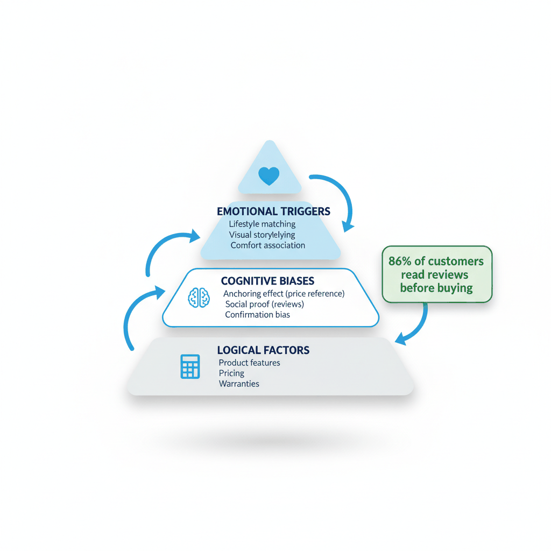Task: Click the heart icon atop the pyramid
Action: coord(269,176)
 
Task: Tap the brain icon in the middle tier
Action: coord(199,298)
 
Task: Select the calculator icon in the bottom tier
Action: coord(190,366)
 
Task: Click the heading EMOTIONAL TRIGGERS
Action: coord(273,211)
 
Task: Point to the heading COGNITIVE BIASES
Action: coord(267,281)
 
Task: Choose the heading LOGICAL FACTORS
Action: coord(263,350)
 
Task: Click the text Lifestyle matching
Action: coord(262,224)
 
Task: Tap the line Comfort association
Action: coord(268,245)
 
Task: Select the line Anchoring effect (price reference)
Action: coord(284,293)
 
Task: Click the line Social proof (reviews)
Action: coord(265,304)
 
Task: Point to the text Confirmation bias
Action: coord(258,314)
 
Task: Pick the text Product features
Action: coord(250,363)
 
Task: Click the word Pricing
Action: coord(231,373)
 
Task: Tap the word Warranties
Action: coord(239,384)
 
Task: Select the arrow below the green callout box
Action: coord(418,327)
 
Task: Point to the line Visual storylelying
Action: coord(262,235)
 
